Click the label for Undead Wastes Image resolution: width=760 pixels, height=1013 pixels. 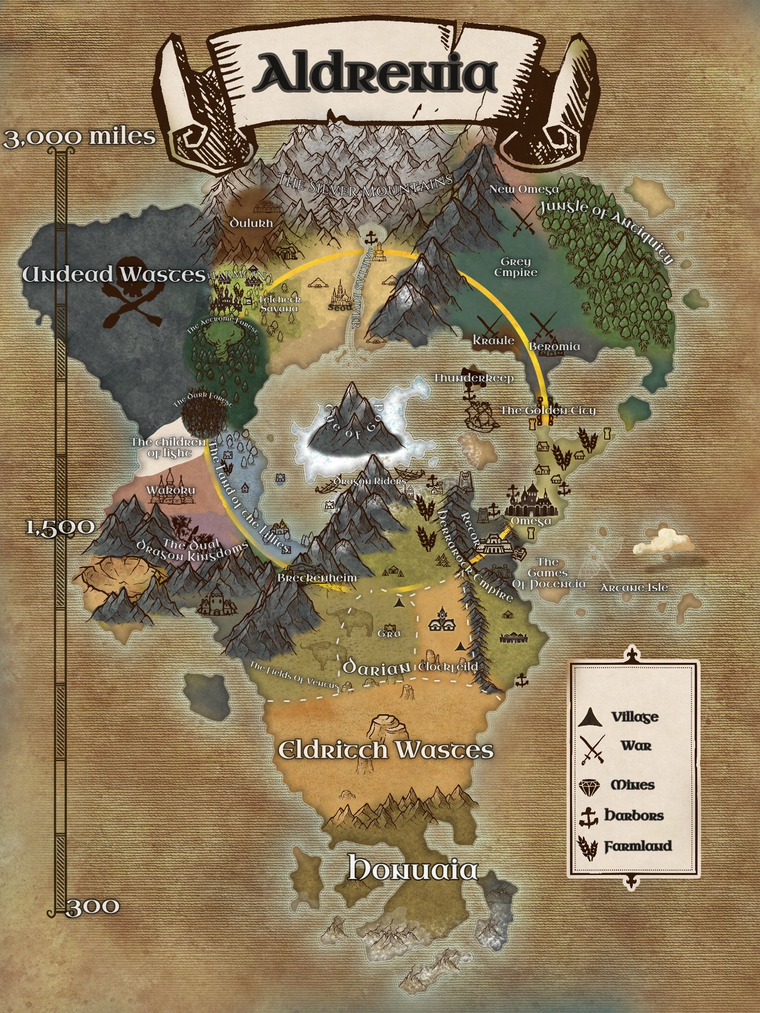(x=114, y=275)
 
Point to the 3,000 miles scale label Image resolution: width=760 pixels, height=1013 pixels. (x=79, y=137)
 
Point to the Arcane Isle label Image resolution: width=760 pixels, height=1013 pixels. (x=634, y=588)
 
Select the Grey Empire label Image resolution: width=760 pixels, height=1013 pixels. (x=516, y=267)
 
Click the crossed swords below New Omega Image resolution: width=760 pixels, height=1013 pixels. (x=523, y=222)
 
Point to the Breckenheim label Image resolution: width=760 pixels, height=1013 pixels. (x=317, y=578)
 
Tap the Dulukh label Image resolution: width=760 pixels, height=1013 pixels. (x=251, y=223)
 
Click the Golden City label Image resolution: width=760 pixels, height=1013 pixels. (x=548, y=410)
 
